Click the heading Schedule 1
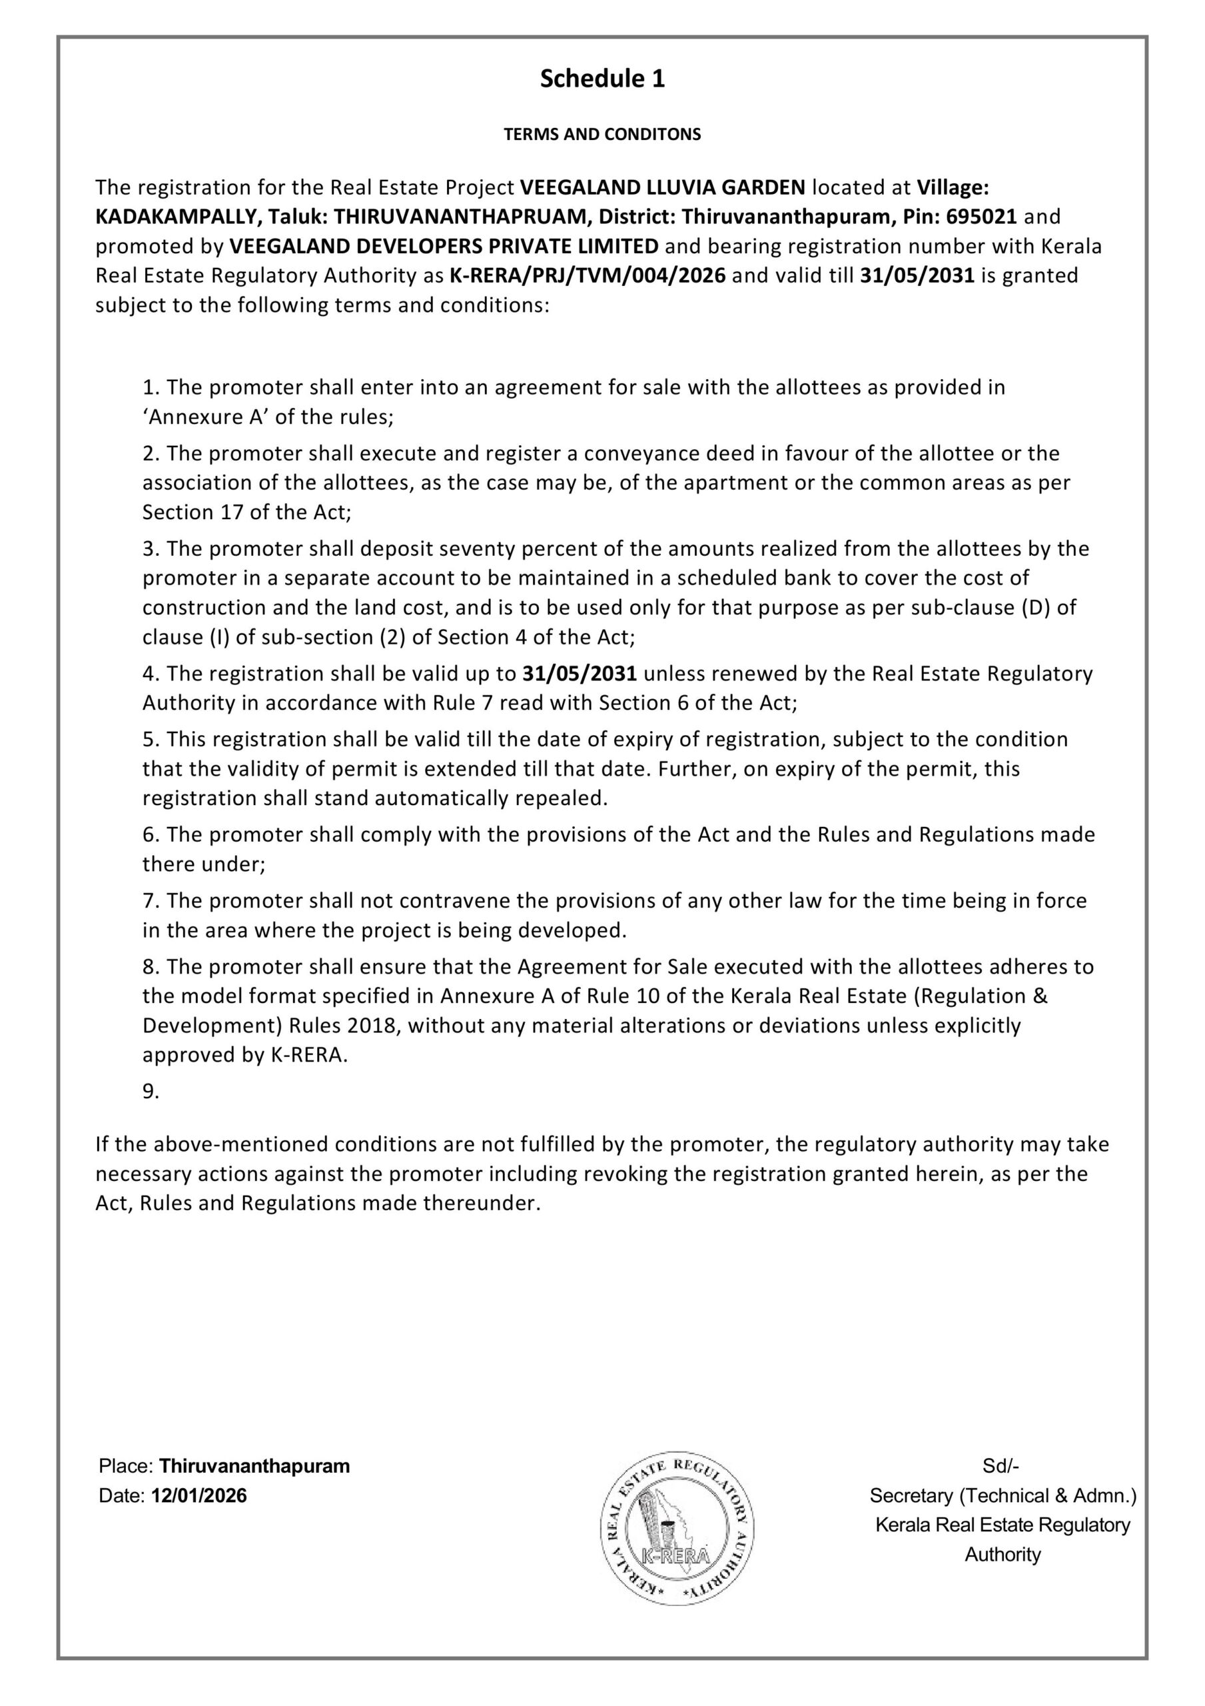pyautogui.click(x=602, y=79)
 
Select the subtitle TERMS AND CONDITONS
pyautogui.click(x=602, y=135)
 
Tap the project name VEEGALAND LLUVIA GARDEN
pyautogui.click(x=662, y=187)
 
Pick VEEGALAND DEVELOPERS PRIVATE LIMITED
pyautogui.click(x=444, y=246)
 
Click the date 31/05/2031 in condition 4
pyautogui.click(x=580, y=674)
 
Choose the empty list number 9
pyautogui.click(x=151, y=1092)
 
